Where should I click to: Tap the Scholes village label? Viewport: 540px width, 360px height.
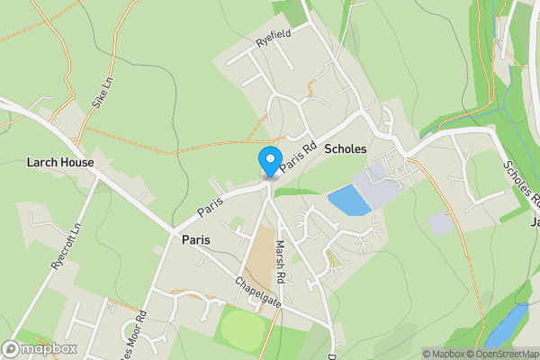coord(346,148)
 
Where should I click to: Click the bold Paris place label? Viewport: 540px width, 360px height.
coord(196,240)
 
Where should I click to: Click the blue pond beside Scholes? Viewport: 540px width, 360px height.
coord(349,201)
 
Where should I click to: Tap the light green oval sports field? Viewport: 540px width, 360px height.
coord(244,330)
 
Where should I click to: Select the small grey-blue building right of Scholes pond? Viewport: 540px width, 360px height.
coord(440,223)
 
